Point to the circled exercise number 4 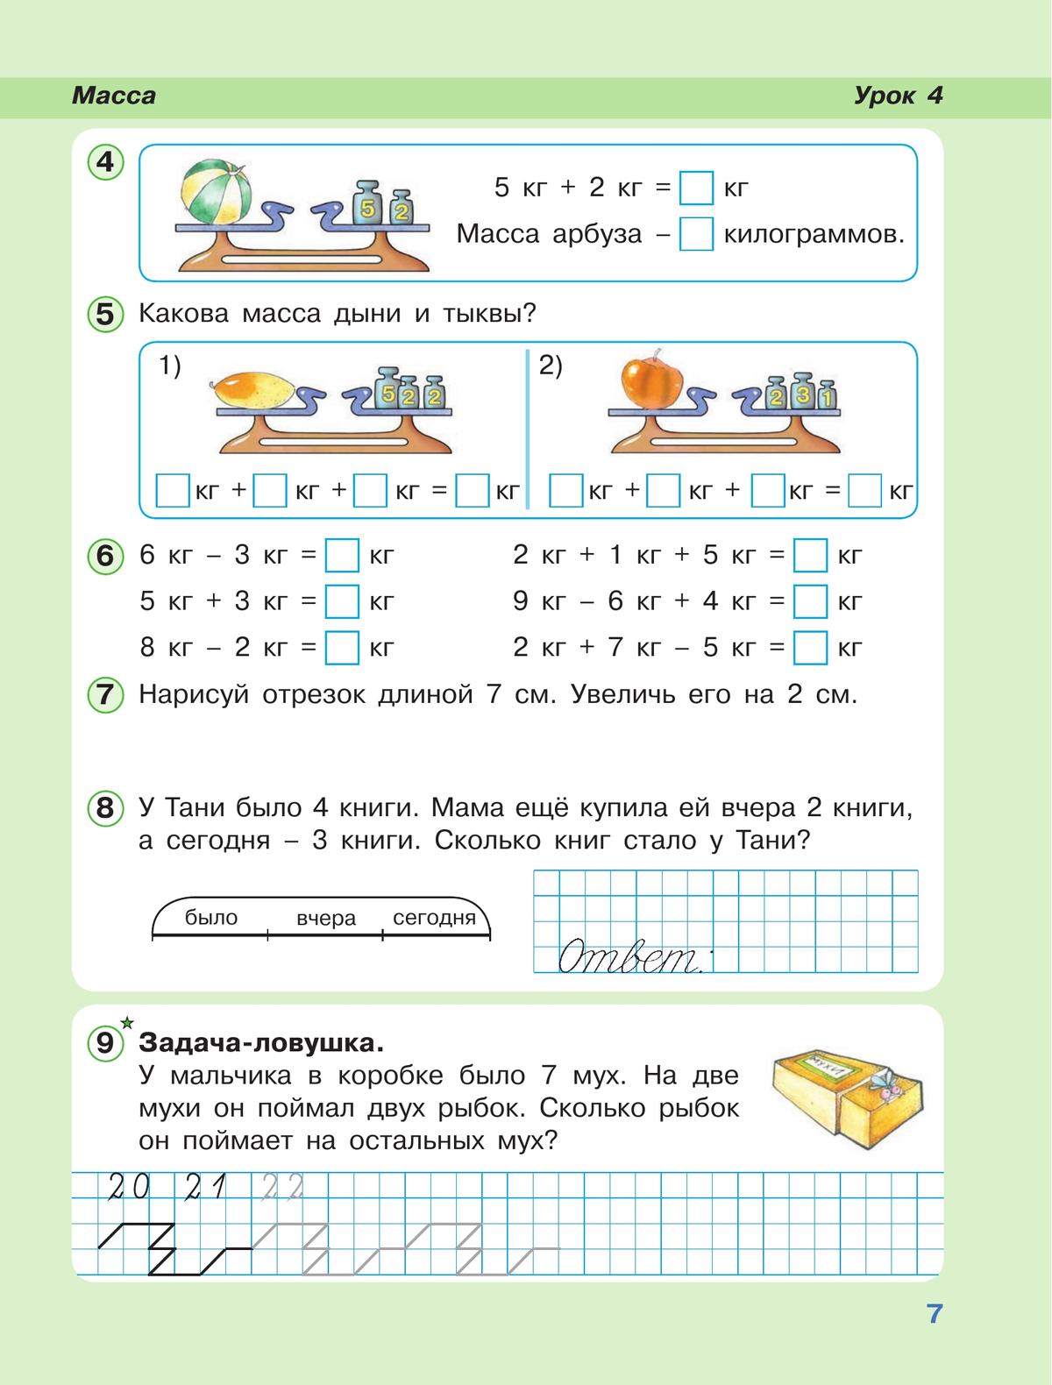point(105,163)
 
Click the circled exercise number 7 point(105,695)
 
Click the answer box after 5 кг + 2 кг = point(697,188)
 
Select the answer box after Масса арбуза point(697,234)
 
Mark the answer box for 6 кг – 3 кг point(342,555)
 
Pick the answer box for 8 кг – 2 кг point(342,648)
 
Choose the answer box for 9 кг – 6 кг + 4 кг point(810,601)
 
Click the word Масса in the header point(114,96)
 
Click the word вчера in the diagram point(326,918)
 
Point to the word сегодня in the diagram point(434,918)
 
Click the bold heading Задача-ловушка point(261,1043)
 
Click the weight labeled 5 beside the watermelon point(368,207)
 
